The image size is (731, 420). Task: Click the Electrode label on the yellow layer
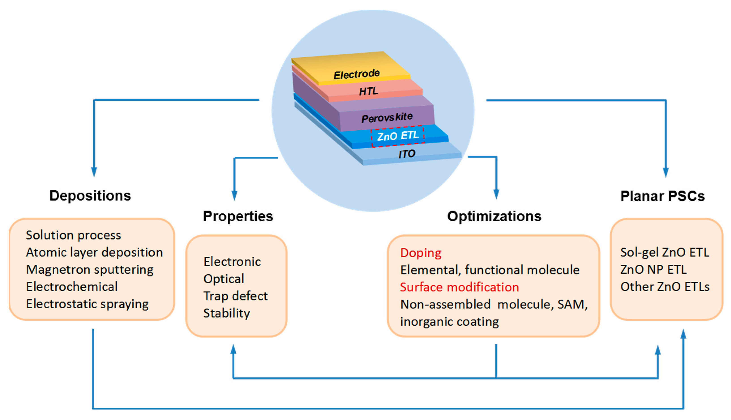(x=357, y=74)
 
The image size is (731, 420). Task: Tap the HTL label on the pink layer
(x=368, y=92)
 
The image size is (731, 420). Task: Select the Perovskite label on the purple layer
(x=387, y=117)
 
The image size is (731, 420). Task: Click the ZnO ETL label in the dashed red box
(x=398, y=136)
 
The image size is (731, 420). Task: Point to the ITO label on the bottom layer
(x=407, y=154)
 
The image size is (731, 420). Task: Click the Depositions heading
(x=90, y=196)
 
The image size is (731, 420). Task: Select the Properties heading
(x=238, y=216)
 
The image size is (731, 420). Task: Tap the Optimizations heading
(x=494, y=216)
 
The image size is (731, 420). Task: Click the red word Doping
(x=421, y=253)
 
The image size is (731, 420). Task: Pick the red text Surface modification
(x=459, y=287)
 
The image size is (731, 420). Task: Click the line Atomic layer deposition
(x=94, y=252)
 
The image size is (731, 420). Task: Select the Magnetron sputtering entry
(x=90, y=269)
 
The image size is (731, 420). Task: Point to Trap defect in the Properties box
(x=235, y=296)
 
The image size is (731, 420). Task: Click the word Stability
(x=227, y=313)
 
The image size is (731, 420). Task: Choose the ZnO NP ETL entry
(x=653, y=269)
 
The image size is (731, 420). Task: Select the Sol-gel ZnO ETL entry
(x=664, y=252)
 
